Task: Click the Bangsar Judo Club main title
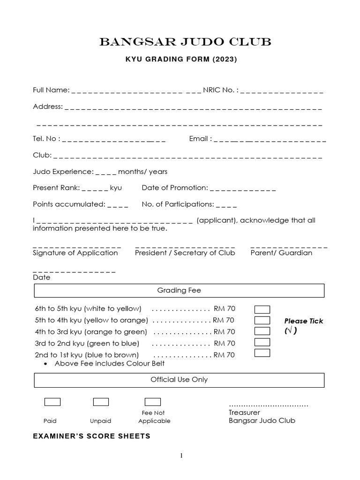(185, 43)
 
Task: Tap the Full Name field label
(51, 90)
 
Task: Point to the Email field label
(201, 139)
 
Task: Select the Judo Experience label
(63, 172)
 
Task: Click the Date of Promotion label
(174, 187)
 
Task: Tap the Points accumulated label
(69, 204)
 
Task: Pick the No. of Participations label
(178, 204)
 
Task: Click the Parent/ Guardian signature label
(281, 253)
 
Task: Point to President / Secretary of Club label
(185, 253)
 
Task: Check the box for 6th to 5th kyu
(262, 309)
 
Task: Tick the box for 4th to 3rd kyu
(262, 331)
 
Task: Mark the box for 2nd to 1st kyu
(262, 353)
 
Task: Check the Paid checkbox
(52, 402)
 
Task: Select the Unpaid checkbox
(101, 402)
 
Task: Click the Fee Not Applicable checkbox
(152, 402)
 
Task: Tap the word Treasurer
(244, 412)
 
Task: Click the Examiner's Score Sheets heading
(91, 436)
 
